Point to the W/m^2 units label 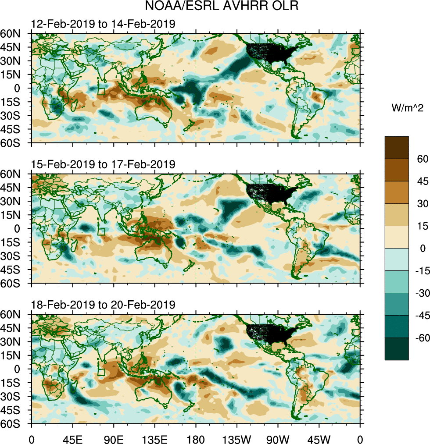click(x=407, y=107)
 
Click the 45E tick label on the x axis click(x=72, y=438)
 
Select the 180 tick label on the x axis click(x=196, y=438)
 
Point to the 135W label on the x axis click(x=236, y=438)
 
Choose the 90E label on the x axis click(x=114, y=438)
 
